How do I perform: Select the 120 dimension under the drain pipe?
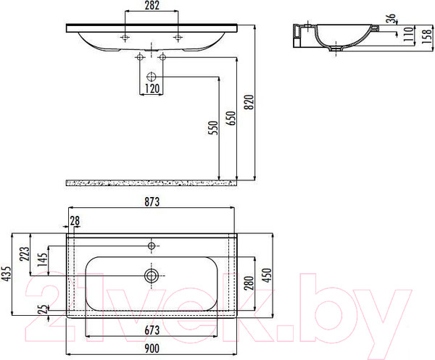click(x=151, y=89)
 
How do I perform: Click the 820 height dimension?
click(x=251, y=104)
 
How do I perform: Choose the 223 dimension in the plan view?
click(x=24, y=254)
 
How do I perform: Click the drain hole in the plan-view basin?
click(x=152, y=275)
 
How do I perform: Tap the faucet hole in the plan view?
click(x=152, y=246)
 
